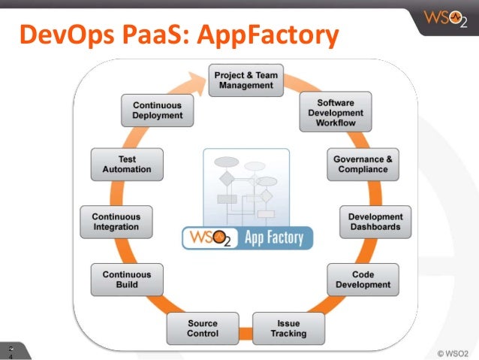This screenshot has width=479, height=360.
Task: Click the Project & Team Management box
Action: point(246,80)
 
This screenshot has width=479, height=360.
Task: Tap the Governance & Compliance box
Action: point(363,165)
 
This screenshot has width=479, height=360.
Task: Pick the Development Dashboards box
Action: point(375,222)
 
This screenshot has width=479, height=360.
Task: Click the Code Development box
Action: point(363,280)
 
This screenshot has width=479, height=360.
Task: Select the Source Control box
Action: point(203,328)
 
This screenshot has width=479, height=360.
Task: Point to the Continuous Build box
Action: point(126,280)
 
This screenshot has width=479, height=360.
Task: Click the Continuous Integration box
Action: point(116,222)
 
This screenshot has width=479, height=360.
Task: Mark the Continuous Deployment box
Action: point(157,110)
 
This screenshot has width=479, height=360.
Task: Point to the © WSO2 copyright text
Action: point(451,351)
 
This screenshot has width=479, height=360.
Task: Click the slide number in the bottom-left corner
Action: point(11,352)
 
